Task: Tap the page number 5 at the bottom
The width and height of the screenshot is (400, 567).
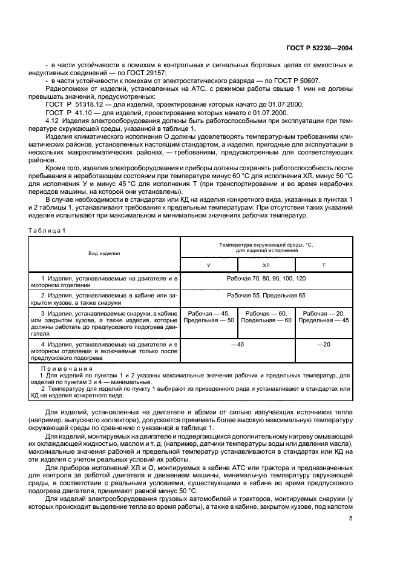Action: pyautogui.click(x=350, y=518)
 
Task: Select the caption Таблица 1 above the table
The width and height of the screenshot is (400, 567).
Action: pyautogui.click(x=46, y=230)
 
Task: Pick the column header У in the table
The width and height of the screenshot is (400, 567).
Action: pyautogui.click(x=209, y=265)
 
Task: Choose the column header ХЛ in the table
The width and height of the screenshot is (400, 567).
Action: pyautogui.click(x=266, y=265)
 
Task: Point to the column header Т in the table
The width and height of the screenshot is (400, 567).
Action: pyautogui.click(x=323, y=265)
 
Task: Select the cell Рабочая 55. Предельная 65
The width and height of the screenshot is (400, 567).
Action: pyautogui.click(x=266, y=296)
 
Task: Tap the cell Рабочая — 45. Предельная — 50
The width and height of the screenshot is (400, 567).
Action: pyautogui.click(x=209, y=317)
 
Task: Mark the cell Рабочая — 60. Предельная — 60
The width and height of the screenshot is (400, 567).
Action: pyautogui.click(x=266, y=317)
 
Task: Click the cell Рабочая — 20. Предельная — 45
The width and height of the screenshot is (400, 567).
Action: pyautogui.click(x=323, y=317)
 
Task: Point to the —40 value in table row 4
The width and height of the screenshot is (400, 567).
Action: pyautogui.click(x=237, y=344)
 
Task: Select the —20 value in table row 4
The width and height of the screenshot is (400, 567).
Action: pyautogui.click(x=323, y=344)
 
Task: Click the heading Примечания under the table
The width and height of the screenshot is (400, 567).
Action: pyautogui.click(x=66, y=368)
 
